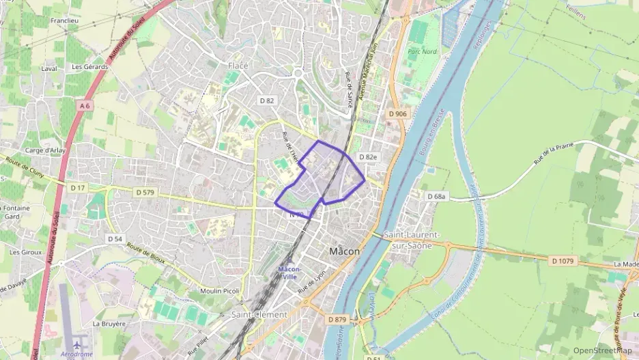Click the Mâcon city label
344,251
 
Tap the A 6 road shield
85,106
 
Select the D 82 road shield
267,100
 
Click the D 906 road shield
397,113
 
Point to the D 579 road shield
145,193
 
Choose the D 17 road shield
76,186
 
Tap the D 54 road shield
115,239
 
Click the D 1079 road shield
563,261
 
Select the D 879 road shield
337,319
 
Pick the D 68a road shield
436,197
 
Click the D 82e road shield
367,157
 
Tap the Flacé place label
238,66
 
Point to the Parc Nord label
423,52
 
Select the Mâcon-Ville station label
289,273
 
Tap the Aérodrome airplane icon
76,343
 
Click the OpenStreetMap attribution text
603,350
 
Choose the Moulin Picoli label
220,292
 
